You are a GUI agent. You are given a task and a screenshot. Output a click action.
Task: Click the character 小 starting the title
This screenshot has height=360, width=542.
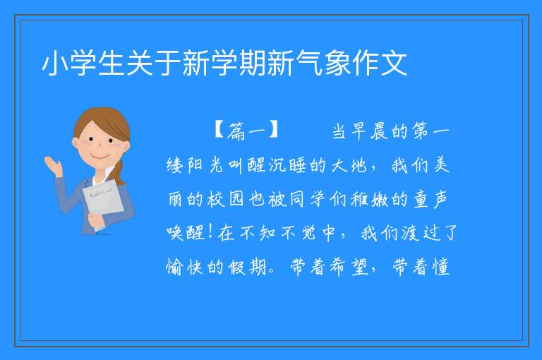[55, 64]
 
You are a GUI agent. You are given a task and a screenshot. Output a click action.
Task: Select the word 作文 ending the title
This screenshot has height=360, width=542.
[380, 64]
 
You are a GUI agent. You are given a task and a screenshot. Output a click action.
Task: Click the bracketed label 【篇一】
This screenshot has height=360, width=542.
[246, 131]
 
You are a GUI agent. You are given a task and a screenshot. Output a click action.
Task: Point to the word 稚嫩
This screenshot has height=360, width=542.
[370, 198]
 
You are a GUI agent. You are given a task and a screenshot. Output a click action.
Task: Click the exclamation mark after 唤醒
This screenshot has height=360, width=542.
[210, 232]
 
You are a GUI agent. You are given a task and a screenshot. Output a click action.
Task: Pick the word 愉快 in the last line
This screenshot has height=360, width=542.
[184, 266]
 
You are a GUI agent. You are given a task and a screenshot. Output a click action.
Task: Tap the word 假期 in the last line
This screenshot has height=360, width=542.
[247, 266]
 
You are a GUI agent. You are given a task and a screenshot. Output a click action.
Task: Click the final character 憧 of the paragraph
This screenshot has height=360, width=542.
[440, 266]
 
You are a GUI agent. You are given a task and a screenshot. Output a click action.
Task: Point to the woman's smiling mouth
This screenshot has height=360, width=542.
[100, 157]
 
